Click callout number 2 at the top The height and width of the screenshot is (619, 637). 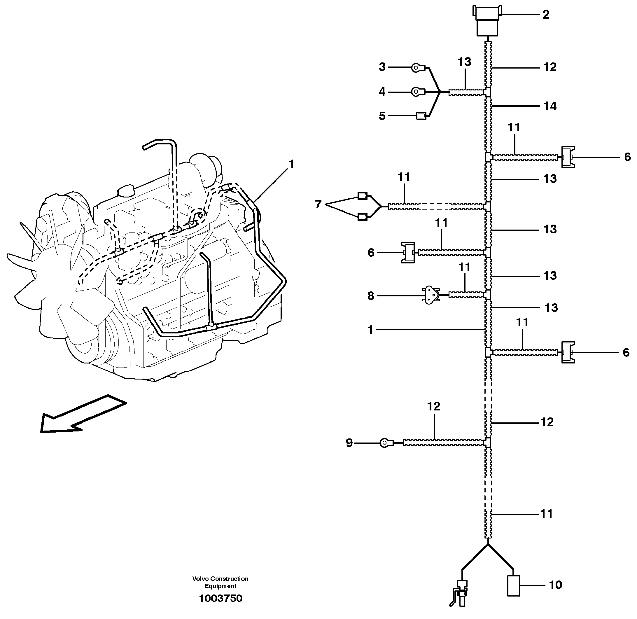[x=546, y=15]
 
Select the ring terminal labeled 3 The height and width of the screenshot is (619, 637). [x=417, y=68]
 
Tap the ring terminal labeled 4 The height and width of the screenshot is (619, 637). [x=417, y=92]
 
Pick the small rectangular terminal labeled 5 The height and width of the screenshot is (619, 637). [x=421, y=116]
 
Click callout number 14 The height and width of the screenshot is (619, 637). [x=550, y=106]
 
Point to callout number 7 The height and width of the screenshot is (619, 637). [x=318, y=204]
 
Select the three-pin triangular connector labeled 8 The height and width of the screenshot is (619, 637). [x=430, y=295]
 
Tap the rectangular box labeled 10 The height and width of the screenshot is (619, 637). [x=514, y=586]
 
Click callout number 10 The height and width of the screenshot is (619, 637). [x=555, y=585]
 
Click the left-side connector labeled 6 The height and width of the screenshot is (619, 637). [x=408, y=253]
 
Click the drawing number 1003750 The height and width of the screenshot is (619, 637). [x=221, y=599]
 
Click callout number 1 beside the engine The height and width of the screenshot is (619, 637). [x=292, y=165]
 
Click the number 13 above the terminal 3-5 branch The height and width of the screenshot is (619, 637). [x=464, y=62]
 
